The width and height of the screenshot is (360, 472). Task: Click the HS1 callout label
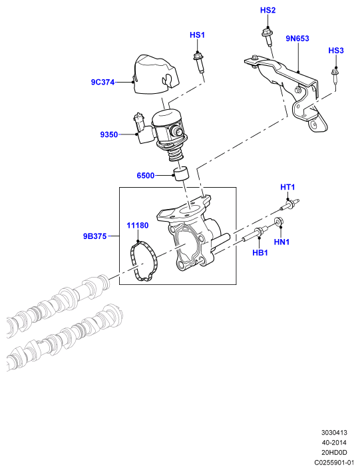click(197, 35)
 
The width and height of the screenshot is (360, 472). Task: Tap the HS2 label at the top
click(268, 11)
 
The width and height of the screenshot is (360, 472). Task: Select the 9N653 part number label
click(297, 39)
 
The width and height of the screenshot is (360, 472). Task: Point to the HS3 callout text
click(336, 51)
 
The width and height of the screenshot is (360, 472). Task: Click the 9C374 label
click(103, 82)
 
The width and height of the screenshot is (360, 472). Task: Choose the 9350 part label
click(109, 134)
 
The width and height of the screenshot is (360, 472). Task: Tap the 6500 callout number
click(146, 176)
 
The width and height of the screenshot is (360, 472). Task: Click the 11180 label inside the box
click(138, 226)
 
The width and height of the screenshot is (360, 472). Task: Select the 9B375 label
click(94, 236)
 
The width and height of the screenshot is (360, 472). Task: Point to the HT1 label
click(287, 187)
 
